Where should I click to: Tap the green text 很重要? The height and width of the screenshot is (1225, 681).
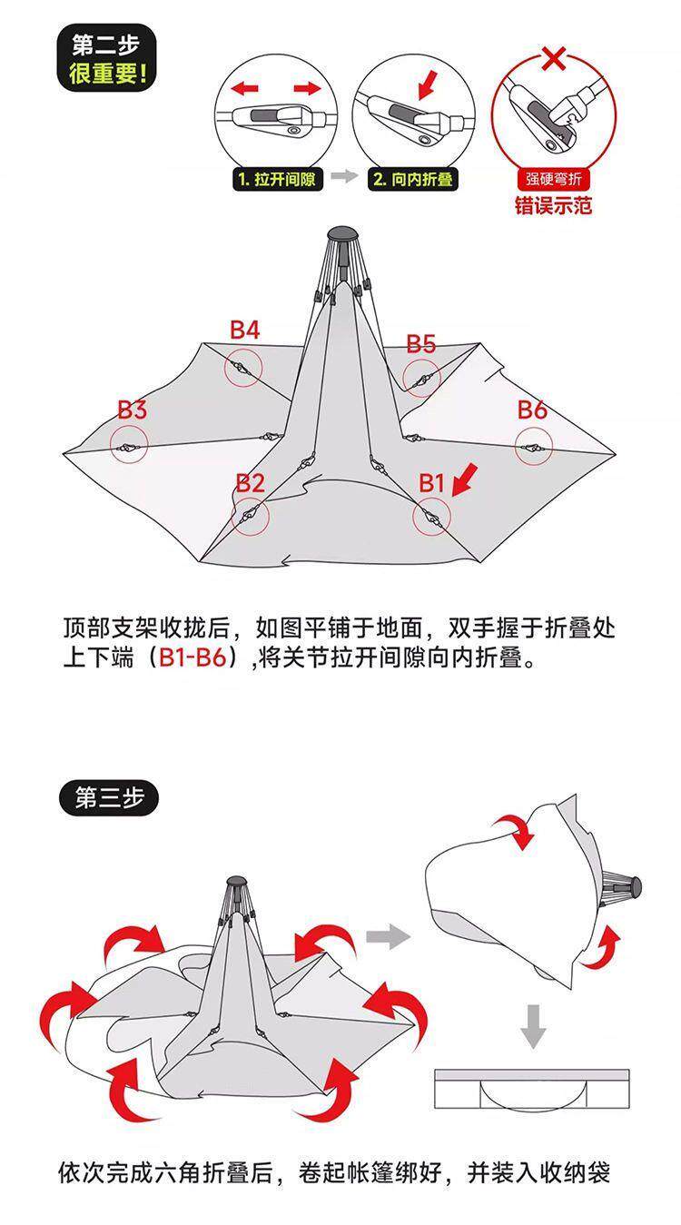click(106, 73)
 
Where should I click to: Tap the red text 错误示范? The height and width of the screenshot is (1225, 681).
click(553, 205)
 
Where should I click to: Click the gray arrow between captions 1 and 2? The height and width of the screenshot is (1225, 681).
click(344, 177)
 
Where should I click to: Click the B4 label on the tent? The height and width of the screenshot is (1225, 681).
click(244, 331)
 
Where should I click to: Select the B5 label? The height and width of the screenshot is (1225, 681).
click(420, 344)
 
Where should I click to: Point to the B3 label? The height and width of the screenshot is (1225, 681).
click(132, 410)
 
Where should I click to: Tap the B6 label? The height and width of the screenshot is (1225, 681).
click(532, 410)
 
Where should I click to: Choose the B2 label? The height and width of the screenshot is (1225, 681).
click(250, 483)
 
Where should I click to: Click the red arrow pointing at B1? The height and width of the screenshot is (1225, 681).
click(464, 478)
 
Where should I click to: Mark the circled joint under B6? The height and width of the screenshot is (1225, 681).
click(534, 447)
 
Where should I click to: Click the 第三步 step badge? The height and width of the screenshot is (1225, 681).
click(109, 798)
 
